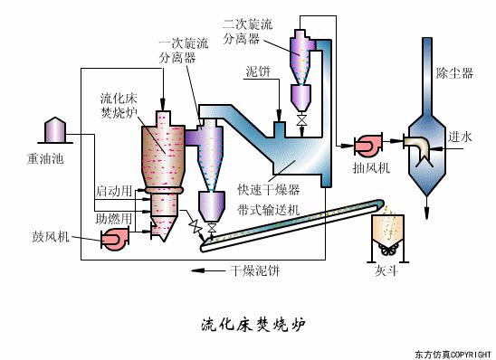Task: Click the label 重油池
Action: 33,161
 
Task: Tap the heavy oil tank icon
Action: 52,132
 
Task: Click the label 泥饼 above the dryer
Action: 258,71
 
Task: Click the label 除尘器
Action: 454,73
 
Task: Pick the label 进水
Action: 460,137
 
